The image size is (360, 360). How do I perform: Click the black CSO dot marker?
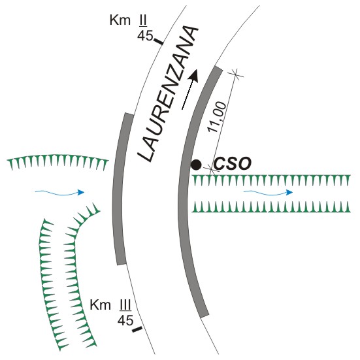pos(196,165)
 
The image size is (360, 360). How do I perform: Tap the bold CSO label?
pos(233,164)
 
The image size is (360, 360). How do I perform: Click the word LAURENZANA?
pos(169,94)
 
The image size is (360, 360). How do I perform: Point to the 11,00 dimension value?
pos(217,117)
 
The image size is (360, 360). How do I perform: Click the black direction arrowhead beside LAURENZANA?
pos(194,76)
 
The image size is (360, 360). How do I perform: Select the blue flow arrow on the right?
pos(268,192)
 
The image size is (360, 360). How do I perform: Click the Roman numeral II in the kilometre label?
pos(142,20)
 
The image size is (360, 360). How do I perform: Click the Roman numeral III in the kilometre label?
pos(125,305)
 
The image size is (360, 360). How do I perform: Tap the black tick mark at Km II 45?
pos(158,41)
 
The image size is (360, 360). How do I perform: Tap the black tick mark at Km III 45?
pos(137,330)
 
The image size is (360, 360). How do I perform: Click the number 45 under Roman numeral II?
pos(145,35)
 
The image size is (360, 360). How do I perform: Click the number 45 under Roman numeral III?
pos(125,320)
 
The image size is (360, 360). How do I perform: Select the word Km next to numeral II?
pos(120,20)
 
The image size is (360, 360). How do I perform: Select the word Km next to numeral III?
pos(101,305)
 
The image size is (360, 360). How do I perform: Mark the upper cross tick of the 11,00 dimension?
pos(235,74)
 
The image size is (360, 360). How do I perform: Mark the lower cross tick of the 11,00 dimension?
pos(212,169)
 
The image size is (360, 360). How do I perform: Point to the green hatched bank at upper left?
pos(57,161)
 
